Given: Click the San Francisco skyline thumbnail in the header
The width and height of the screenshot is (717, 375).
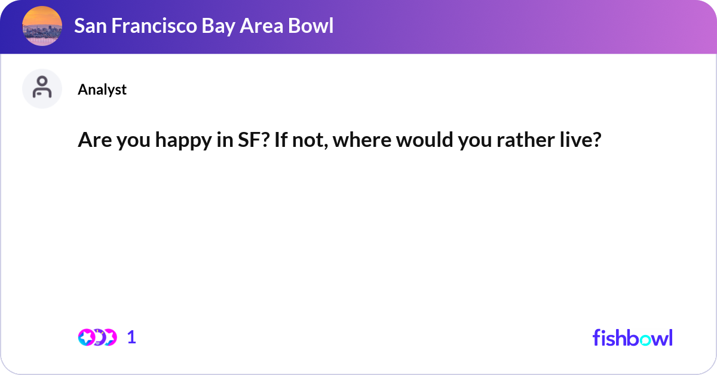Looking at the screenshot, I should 42,26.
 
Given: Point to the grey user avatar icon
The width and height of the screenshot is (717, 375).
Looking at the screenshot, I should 42,88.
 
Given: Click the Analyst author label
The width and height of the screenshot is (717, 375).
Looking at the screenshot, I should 102,90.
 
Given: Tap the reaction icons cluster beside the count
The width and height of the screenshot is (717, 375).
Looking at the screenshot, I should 97,337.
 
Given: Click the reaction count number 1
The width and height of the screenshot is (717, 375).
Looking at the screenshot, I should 131,337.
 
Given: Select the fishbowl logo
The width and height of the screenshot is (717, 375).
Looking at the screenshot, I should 632,337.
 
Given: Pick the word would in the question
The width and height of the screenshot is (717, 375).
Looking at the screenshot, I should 415,141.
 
